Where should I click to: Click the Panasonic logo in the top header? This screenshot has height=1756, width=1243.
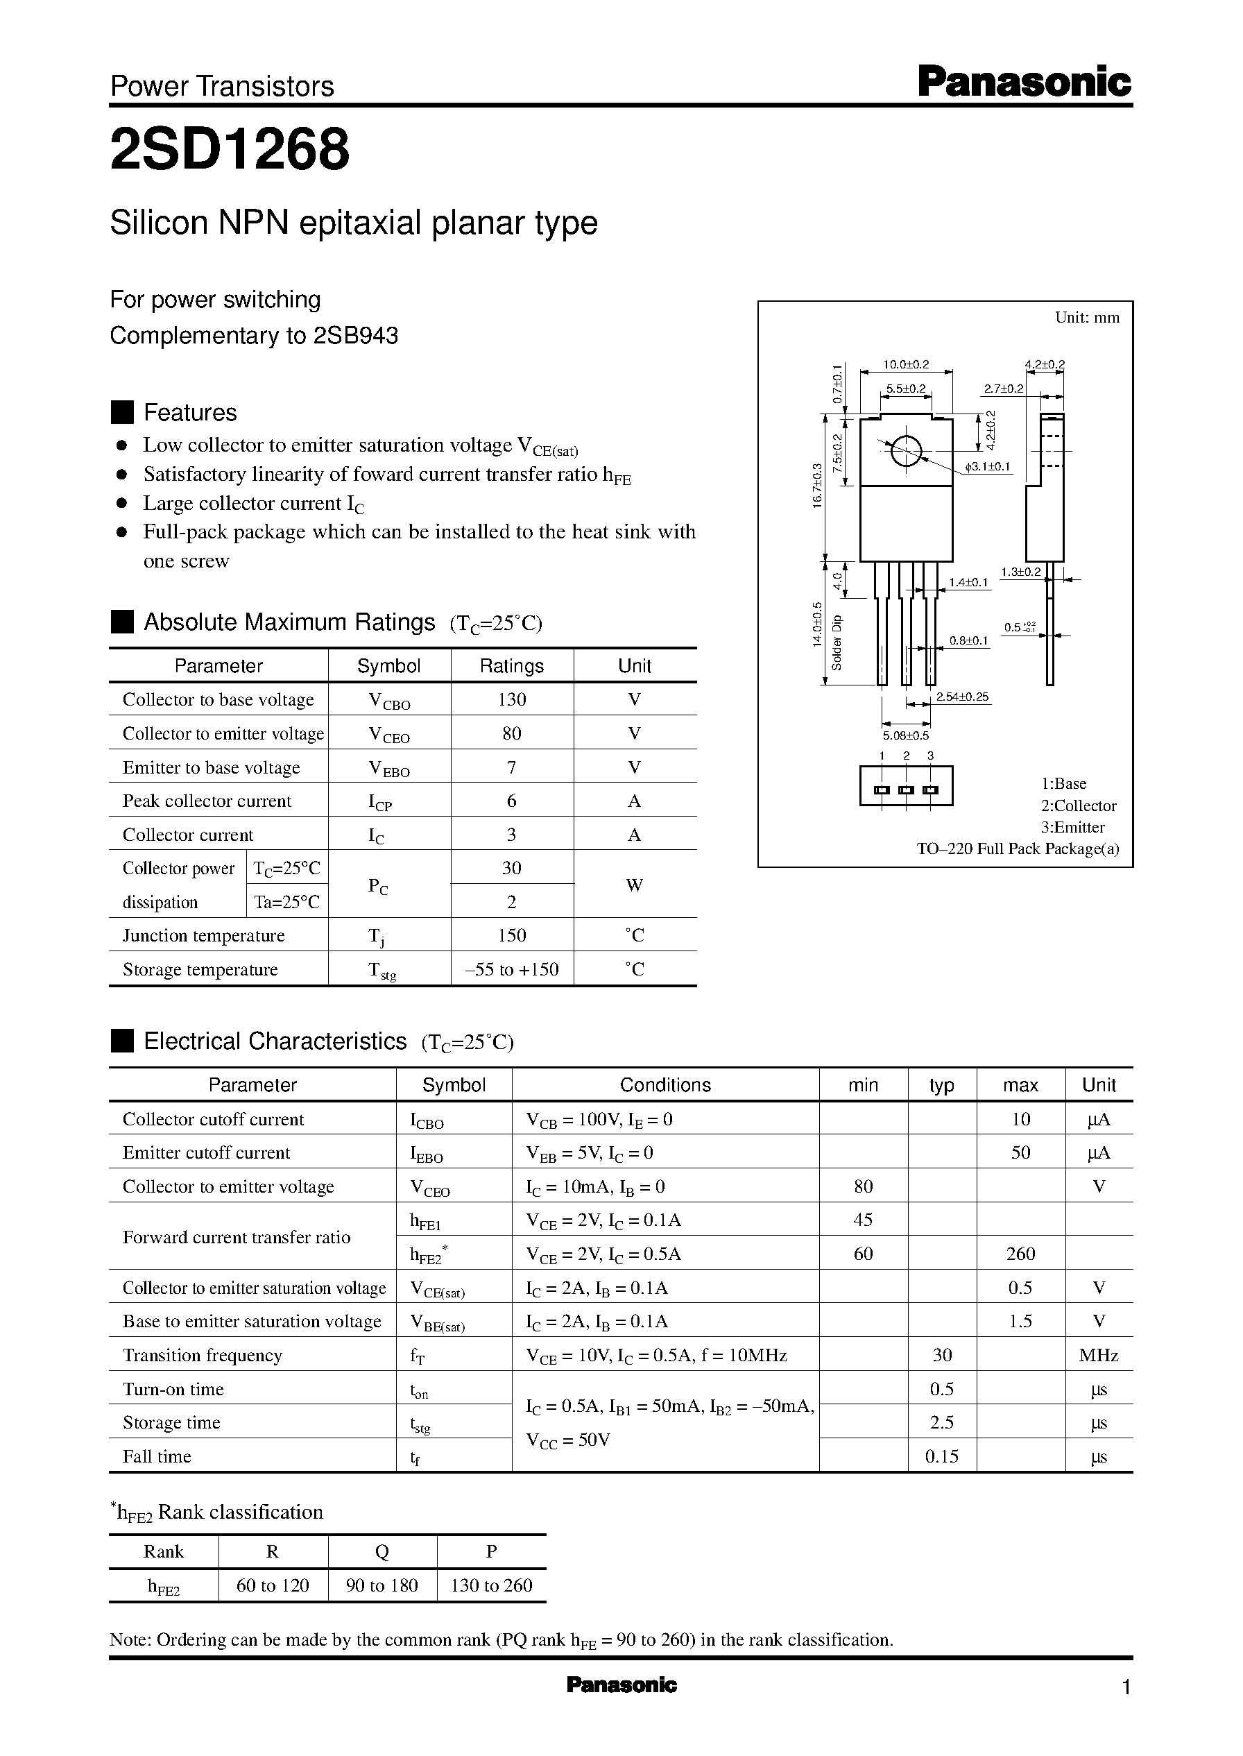point(1023,81)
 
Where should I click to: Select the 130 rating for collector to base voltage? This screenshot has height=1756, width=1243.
point(511,699)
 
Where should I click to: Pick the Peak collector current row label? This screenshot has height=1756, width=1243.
point(207,801)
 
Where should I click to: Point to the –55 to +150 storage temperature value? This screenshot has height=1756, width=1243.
point(511,969)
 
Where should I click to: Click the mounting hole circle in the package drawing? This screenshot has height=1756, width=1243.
point(905,451)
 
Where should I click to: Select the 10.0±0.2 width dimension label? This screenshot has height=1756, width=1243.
point(905,364)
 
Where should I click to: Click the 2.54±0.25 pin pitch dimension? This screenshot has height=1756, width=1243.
point(962,697)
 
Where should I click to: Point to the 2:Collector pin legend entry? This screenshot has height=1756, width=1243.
point(1078,805)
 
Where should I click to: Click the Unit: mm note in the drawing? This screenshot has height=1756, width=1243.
point(1087,318)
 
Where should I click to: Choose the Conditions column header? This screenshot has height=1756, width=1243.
point(665,1084)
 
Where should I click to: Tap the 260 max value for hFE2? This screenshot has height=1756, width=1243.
point(1020,1253)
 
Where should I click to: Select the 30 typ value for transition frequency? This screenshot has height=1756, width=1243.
point(942,1355)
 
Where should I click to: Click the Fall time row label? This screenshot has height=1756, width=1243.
point(157,1456)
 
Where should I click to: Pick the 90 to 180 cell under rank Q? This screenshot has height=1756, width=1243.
point(382,1585)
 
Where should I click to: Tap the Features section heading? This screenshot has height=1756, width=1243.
point(190,413)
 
